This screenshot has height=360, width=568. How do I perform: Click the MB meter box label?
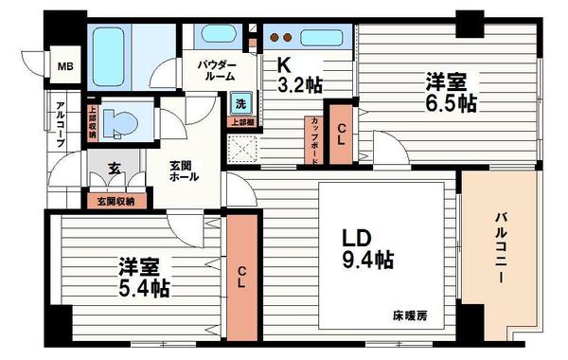click(x=64, y=66)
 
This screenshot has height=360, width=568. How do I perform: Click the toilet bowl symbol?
click(x=120, y=121)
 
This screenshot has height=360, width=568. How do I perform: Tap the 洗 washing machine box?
click(x=240, y=102)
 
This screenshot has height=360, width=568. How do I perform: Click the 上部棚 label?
click(x=240, y=121)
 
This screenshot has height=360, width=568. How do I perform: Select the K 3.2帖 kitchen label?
click(x=297, y=75)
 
